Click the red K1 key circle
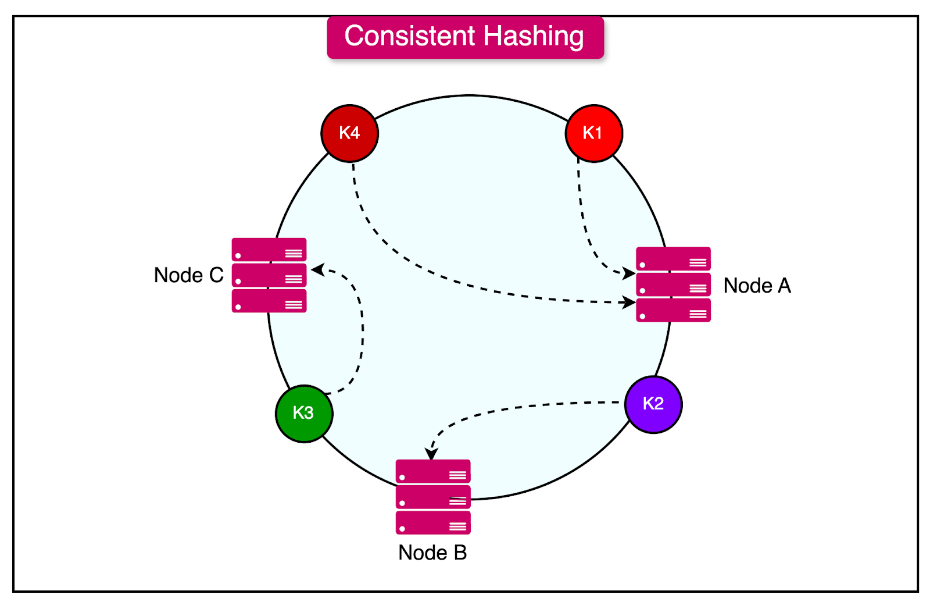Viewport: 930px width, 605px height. (x=593, y=133)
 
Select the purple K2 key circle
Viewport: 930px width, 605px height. (x=653, y=404)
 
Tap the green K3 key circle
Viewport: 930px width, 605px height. (x=303, y=413)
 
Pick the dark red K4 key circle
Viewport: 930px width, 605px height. (x=349, y=133)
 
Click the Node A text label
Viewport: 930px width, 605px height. (x=757, y=286)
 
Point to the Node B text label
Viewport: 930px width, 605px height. (x=432, y=553)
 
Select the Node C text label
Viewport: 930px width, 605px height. (x=188, y=275)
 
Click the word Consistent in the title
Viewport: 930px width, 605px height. (x=410, y=36)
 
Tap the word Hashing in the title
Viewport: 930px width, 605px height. (x=533, y=36)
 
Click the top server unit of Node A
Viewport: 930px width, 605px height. (x=673, y=259)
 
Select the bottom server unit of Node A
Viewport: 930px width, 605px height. (x=673, y=311)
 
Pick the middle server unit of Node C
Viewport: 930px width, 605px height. (x=269, y=276)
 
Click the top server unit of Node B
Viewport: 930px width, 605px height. (x=433, y=472)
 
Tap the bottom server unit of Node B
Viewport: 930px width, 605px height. (x=433, y=523)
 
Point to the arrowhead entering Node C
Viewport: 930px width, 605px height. (x=317, y=269)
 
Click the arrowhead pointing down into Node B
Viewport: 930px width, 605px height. (x=431, y=454)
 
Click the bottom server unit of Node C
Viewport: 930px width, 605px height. (x=269, y=301)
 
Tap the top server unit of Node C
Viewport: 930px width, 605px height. (x=269, y=250)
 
